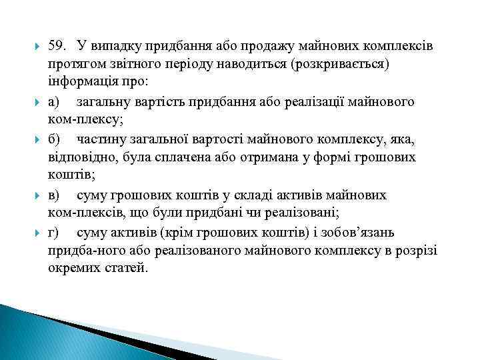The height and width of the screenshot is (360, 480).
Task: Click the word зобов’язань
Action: [x=363, y=233]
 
